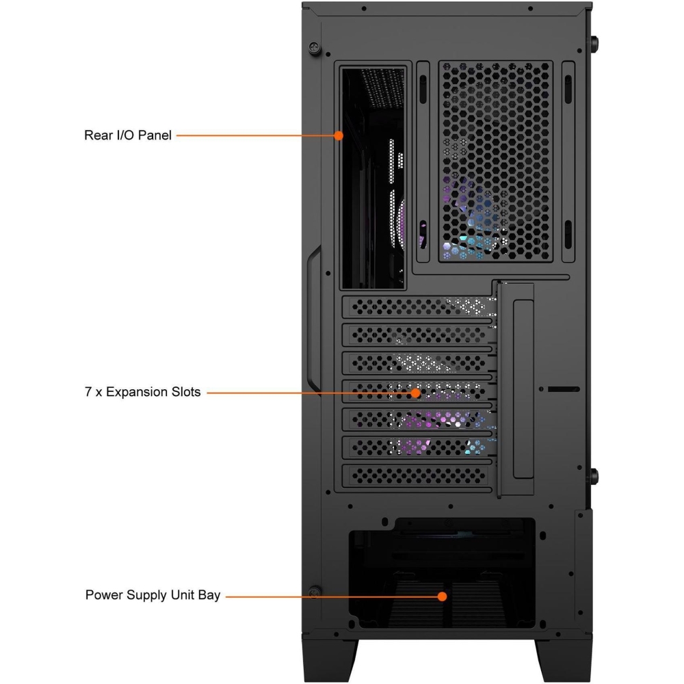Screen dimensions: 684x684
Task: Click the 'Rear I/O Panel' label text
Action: click(127, 135)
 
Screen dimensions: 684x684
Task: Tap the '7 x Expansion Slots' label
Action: click(143, 392)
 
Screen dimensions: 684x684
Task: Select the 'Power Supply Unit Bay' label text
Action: click(153, 595)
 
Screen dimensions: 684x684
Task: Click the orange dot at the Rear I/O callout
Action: click(338, 135)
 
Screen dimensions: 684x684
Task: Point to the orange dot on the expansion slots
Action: click(416, 393)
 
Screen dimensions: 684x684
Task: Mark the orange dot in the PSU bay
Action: click(443, 596)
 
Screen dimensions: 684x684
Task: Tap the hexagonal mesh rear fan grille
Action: click(495, 161)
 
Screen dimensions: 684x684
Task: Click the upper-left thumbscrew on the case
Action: click(314, 47)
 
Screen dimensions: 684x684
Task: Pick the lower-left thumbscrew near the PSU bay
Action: click(314, 592)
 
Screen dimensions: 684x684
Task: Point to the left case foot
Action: click(330, 660)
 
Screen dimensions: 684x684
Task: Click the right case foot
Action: click(564, 660)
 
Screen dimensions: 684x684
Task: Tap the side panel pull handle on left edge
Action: click(313, 319)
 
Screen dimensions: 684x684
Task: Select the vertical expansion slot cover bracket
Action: click(516, 389)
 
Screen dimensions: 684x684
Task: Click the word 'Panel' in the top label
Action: click(155, 135)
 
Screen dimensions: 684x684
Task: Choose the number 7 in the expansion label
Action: click(88, 392)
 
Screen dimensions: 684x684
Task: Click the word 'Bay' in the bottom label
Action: click(209, 596)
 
